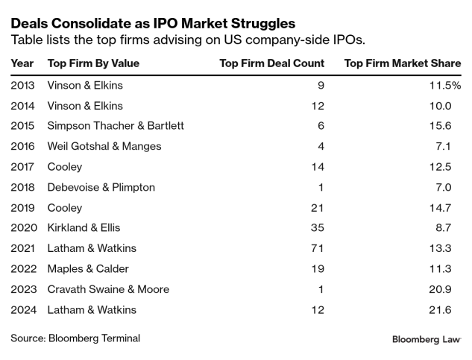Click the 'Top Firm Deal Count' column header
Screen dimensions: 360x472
tap(271, 63)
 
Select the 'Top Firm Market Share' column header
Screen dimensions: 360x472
tap(403, 63)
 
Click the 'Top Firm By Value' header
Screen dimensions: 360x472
tap(93, 63)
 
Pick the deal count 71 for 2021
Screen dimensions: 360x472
tap(318, 248)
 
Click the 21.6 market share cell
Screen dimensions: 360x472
tap(450, 309)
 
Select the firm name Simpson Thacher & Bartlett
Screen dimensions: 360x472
tap(115, 126)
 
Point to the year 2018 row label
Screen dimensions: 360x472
tap(24, 187)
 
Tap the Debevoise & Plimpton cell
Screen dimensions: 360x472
tap(101, 187)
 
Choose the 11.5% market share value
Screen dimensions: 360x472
tap(446, 85)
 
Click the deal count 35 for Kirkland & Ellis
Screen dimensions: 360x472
tap(318, 228)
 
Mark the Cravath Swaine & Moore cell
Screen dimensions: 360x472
tap(108, 289)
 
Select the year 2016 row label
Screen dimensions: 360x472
tap(24, 146)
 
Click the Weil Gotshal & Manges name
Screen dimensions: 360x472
tap(104, 146)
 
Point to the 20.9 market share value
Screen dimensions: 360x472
tap(449, 289)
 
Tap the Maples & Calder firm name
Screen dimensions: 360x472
tap(88, 269)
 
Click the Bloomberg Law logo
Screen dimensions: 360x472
tap(427, 339)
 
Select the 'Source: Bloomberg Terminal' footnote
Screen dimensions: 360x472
tap(75, 338)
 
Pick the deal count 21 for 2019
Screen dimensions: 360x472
tap(318, 207)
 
